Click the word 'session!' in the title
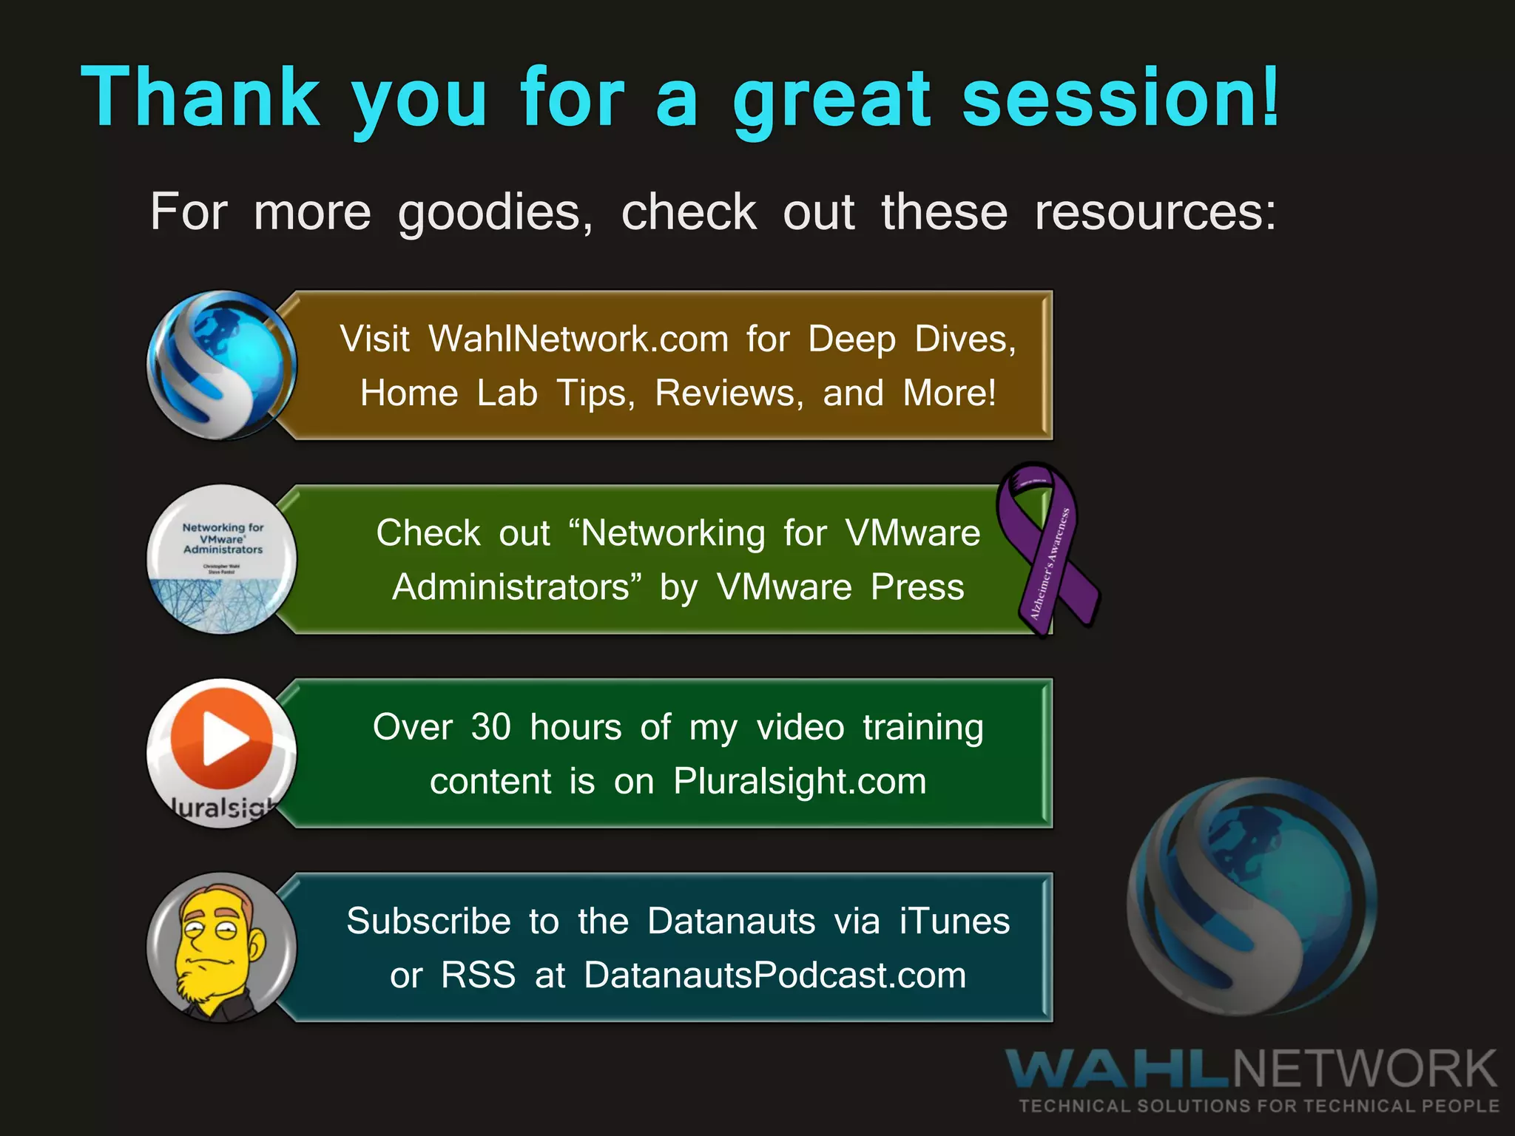(1120, 98)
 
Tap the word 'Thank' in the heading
(200, 98)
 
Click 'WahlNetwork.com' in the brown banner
(578, 339)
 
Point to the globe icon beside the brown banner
(221, 365)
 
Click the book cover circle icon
(221, 559)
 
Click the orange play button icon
(221, 739)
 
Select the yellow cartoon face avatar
(221, 947)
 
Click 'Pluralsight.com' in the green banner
(800, 782)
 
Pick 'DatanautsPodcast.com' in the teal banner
(775, 976)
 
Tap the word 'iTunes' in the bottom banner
(954, 922)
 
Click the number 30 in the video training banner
(490, 728)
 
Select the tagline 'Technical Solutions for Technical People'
(1258, 1106)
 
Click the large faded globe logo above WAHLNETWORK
(1252, 896)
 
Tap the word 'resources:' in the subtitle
(1155, 213)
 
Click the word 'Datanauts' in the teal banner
(731, 922)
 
